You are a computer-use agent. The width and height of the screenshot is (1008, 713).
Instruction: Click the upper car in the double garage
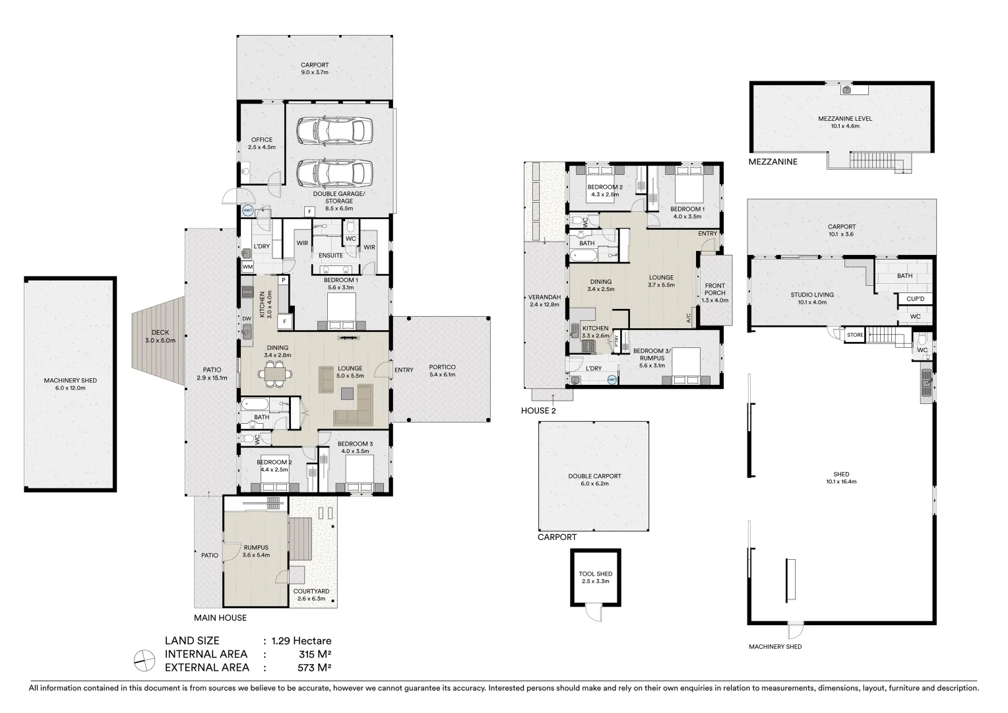[x=334, y=131]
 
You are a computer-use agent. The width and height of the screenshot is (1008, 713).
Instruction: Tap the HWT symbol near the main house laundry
[x=248, y=211]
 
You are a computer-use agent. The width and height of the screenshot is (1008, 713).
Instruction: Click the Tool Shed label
[x=595, y=578]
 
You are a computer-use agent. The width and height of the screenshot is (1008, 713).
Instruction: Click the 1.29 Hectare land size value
[x=297, y=640]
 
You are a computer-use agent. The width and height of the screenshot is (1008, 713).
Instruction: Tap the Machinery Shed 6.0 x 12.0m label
[x=70, y=384]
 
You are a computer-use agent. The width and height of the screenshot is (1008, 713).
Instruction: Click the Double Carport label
[x=594, y=479]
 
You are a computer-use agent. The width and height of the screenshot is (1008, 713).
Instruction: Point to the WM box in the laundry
[x=248, y=267]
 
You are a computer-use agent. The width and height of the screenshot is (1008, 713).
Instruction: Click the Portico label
[x=442, y=371]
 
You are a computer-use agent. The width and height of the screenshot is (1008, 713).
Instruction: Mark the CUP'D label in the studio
[x=914, y=299]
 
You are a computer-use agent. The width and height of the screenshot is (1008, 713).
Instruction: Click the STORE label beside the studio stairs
[x=854, y=335]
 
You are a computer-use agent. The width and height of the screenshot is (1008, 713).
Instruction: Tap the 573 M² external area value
[x=314, y=667]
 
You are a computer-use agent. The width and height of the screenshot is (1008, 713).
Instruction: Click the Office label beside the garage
[x=261, y=143]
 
